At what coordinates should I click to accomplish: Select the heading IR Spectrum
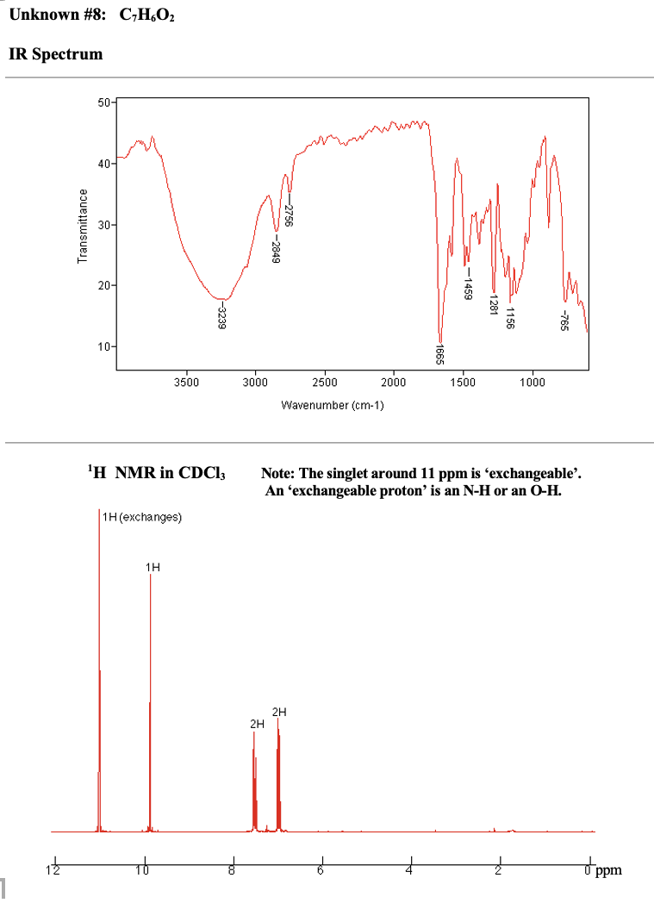pyautogui.click(x=55, y=54)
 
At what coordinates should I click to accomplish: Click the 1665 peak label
pyautogui.click(x=439, y=354)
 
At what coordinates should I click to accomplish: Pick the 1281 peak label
pyautogui.click(x=494, y=303)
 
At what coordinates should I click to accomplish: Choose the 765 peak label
pyautogui.click(x=565, y=321)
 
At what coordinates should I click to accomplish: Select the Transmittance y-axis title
pyautogui.click(x=83, y=226)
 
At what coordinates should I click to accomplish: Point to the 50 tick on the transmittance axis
pyautogui.click(x=103, y=103)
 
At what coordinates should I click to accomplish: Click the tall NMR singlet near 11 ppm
pyautogui.click(x=99, y=672)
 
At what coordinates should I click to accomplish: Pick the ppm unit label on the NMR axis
pyautogui.click(x=608, y=870)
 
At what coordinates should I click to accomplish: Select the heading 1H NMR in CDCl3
pyautogui.click(x=155, y=472)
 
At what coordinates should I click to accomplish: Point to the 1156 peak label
pyautogui.click(x=510, y=317)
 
